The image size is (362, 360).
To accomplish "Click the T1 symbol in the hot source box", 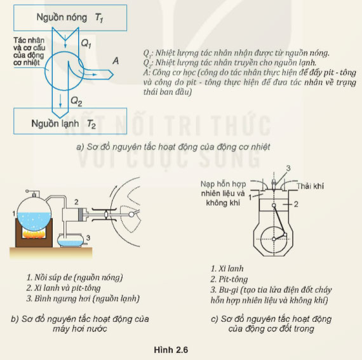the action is (99, 18).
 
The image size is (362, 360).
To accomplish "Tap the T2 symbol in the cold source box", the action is (91, 124).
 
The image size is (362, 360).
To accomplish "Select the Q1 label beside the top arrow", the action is (86, 43).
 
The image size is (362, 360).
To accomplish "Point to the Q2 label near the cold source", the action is (76, 102).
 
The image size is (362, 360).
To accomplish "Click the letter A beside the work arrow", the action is (116, 61).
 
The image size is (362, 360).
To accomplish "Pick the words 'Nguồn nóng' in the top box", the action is (62, 17).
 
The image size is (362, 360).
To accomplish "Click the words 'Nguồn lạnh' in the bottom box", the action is (55, 123).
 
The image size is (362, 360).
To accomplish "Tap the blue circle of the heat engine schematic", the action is (45, 71).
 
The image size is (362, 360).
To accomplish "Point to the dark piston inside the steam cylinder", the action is (81, 215).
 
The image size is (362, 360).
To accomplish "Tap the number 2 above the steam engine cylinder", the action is (76, 203).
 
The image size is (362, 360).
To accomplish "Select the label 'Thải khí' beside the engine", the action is (311, 186).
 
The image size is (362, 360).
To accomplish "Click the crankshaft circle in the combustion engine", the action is (261, 239).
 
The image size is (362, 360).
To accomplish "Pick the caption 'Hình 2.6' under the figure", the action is (171, 350).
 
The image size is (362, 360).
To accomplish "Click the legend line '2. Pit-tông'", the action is (229, 279).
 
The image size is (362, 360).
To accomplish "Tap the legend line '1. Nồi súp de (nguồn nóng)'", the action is (74, 277).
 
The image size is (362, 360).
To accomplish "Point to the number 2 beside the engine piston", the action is (296, 204).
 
